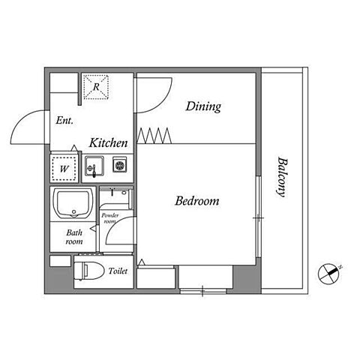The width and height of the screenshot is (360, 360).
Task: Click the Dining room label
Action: (x=203, y=106)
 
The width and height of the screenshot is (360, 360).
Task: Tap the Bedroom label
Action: (x=197, y=201)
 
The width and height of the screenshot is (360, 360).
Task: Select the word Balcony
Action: (x=282, y=177)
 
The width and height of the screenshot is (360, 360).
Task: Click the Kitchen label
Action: (x=109, y=143)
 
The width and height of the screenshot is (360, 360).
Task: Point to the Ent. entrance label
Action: (x=64, y=121)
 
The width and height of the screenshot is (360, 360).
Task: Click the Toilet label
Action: (x=118, y=271)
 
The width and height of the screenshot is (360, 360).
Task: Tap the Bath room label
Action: (x=74, y=237)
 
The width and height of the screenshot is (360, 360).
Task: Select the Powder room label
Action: (x=110, y=218)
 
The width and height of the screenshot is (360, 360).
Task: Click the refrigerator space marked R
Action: (x=96, y=87)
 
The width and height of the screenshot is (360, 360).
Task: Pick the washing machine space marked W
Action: (x=64, y=169)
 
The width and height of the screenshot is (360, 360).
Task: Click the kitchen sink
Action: (x=94, y=166)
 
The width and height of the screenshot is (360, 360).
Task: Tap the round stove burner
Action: (x=120, y=165)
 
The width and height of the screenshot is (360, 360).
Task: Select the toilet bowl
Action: (x=89, y=271)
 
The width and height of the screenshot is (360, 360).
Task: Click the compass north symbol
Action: (x=328, y=274)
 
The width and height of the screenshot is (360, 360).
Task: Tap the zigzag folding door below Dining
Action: (x=154, y=136)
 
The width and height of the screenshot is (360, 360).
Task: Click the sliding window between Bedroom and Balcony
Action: (x=259, y=217)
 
